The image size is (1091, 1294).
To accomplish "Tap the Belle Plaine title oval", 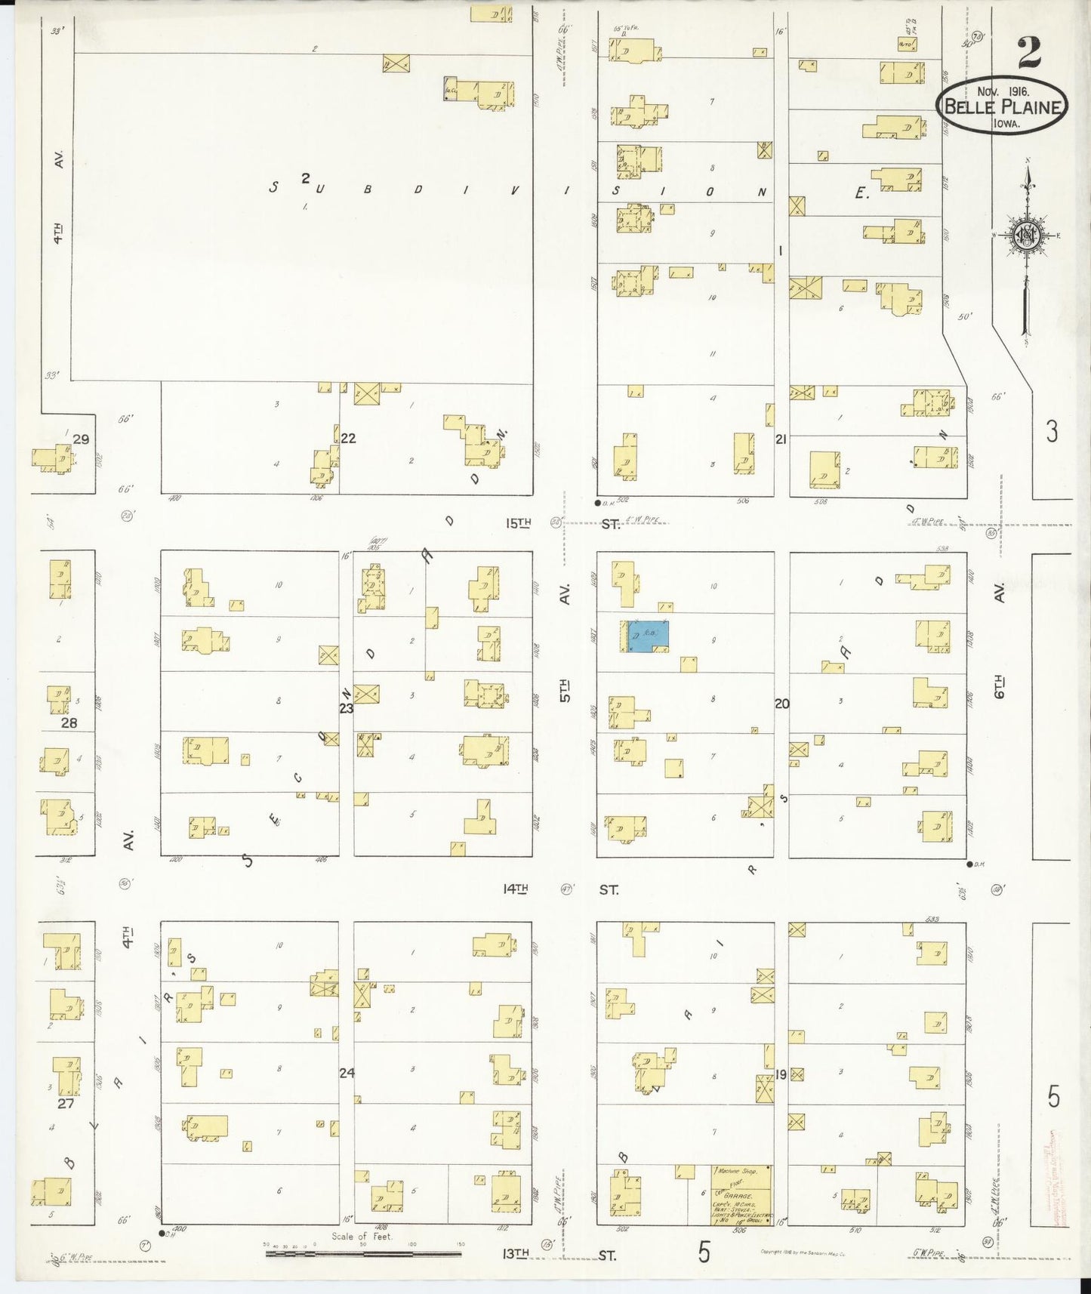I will [x=1003, y=106].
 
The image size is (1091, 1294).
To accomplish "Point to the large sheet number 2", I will [x=1029, y=52].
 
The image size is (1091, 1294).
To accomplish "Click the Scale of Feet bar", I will [x=363, y=1254].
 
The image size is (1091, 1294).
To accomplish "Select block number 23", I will [x=346, y=708].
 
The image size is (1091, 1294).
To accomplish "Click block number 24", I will [x=347, y=1072].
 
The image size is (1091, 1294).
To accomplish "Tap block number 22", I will [x=348, y=438].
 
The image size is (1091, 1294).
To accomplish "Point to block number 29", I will [x=81, y=439].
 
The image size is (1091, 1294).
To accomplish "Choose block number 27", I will [x=66, y=1102].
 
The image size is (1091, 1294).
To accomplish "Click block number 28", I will [x=69, y=722].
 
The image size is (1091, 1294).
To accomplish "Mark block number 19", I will [x=781, y=1074].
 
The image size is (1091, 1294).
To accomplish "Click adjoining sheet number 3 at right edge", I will [x=1051, y=432].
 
